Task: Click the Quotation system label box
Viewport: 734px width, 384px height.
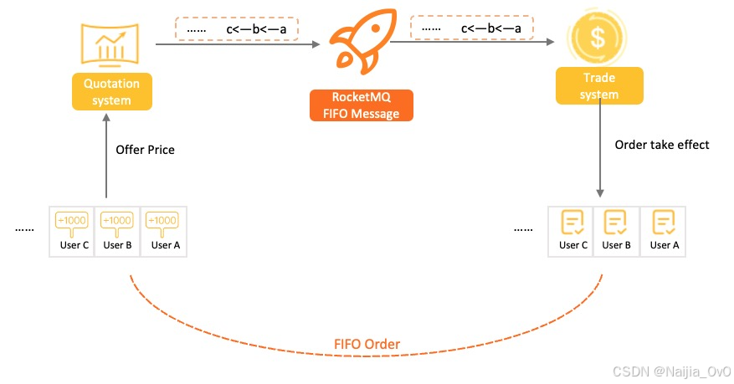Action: [x=111, y=92]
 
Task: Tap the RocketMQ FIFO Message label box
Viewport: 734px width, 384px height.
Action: [x=362, y=105]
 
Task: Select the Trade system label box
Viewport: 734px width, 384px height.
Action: [x=599, y=86]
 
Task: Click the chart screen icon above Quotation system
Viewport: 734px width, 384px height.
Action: [x=110, y=44]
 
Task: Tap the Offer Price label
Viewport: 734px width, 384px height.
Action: [x=146, y=150]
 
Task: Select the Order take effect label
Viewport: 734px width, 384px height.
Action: [x=662, y=145]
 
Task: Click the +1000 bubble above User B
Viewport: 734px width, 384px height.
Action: [x=117, y=221]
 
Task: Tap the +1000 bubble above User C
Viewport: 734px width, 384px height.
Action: [x=71, y=221]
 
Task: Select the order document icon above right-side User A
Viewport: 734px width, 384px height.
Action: [x=663, y=223]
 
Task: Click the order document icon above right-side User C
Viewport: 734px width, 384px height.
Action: [x=572, y=223]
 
